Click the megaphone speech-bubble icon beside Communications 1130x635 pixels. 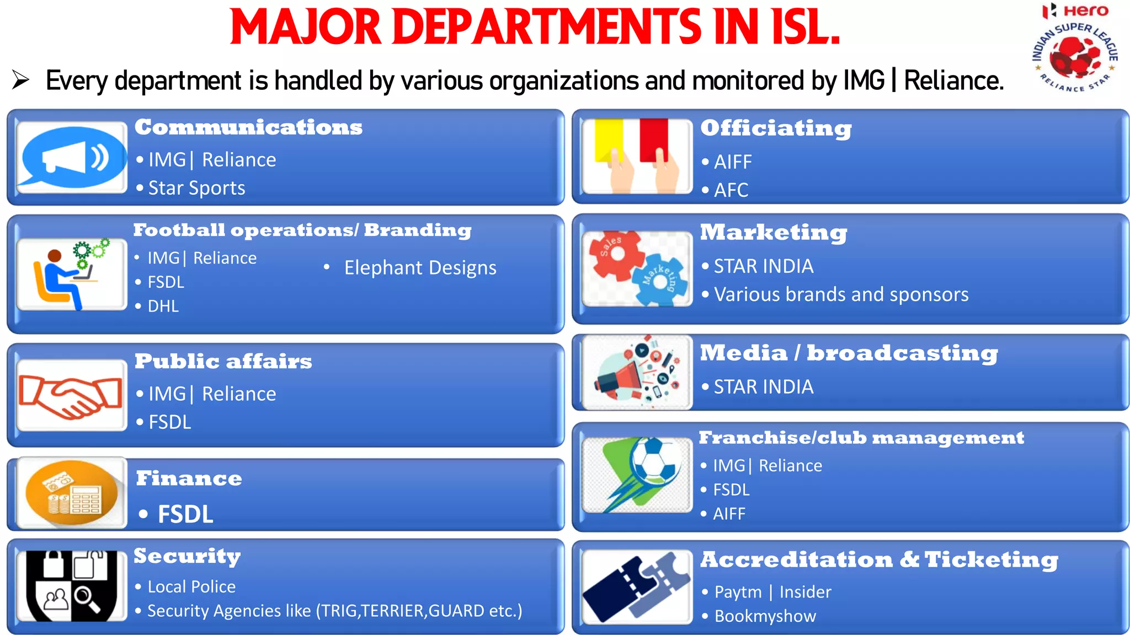72,158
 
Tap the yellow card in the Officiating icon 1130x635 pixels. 609,140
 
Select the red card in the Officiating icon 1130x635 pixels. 654,140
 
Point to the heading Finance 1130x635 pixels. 189,478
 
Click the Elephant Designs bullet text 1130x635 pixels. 420,268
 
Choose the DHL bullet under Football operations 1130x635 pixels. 163,306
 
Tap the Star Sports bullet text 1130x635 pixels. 196,189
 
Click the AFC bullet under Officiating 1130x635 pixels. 731,190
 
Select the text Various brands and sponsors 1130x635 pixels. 841,295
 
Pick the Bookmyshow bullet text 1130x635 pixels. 765,616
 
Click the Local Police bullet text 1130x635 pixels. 191,586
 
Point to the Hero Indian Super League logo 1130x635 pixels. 1075,50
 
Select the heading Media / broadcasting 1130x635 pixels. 849,353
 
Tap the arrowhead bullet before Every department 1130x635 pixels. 20,80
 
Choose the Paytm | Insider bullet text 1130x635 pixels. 772,592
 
